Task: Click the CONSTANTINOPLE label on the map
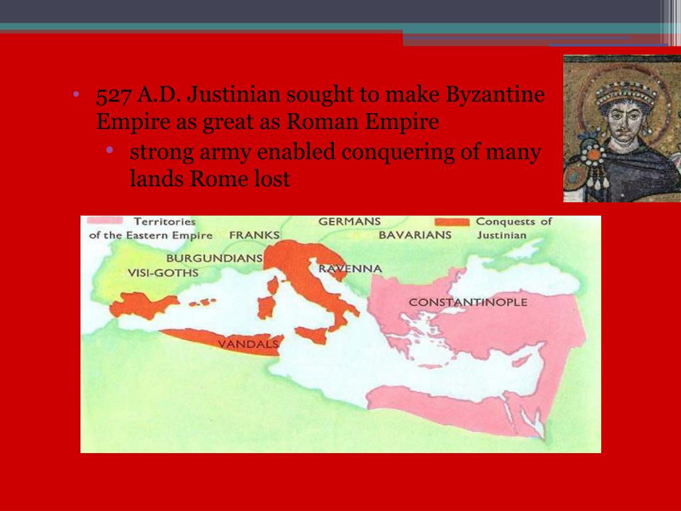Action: click(468, 302)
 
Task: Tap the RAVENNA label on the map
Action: click(350, 269)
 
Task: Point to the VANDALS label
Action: click(248, 344)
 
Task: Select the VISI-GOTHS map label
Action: click(164, 273)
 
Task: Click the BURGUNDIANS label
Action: click(214, 257)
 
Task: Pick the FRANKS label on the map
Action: click(254, 235)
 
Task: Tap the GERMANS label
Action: click(350, 222)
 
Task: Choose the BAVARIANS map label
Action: click(415, 235)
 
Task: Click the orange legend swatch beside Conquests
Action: click(452, 222)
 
